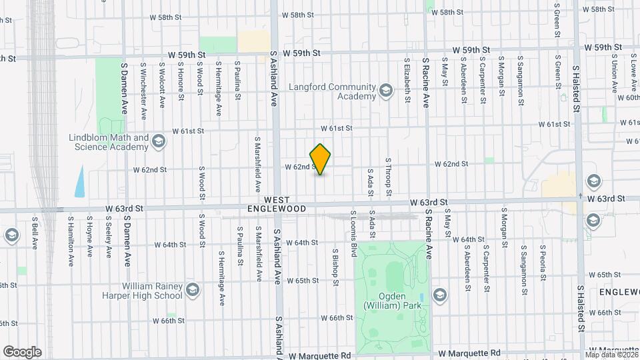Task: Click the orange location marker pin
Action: click(321, 159)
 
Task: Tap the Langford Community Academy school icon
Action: click(385, 90)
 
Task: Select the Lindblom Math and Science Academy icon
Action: click(159, 141)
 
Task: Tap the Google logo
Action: click(22, 351)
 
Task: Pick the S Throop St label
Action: click(388, 177)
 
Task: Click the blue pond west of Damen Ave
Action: click(80, 181)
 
